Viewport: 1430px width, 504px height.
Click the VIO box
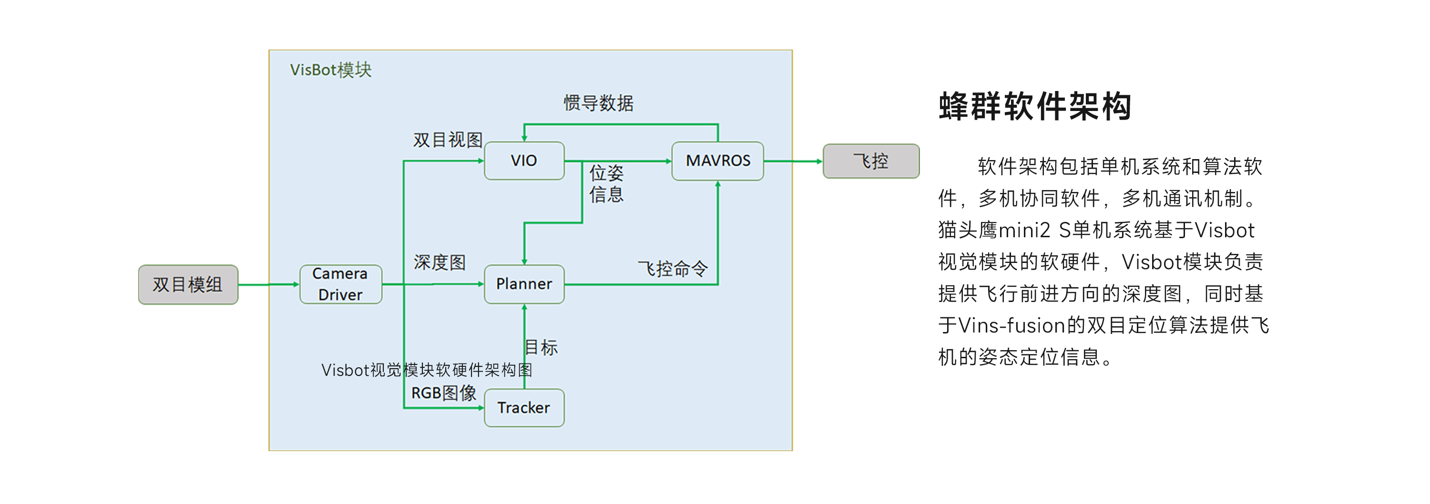click(524, 161)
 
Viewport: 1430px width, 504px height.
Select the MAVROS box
click(717, 161)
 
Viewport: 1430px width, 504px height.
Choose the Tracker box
click(524, 408)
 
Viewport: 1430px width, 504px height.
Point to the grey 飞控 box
click(870, 161)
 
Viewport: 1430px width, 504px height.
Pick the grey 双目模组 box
click(188, 285)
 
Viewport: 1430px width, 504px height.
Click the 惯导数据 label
click(598, 103)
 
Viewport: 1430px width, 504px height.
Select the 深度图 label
click(439, 262)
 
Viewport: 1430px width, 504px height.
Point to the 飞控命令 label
click(672, 269)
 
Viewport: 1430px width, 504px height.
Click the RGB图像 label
click(444, 393)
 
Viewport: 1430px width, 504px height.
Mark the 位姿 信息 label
click(606, 184)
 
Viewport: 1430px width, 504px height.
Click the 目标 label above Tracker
click(541, 347)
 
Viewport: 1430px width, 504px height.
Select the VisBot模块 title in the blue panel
click(331, 70)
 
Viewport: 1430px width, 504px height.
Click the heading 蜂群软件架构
click(1035, 106)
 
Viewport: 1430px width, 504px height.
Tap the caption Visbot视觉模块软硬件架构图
click(426, 370)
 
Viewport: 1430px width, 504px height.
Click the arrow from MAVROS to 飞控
click(793, 161)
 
